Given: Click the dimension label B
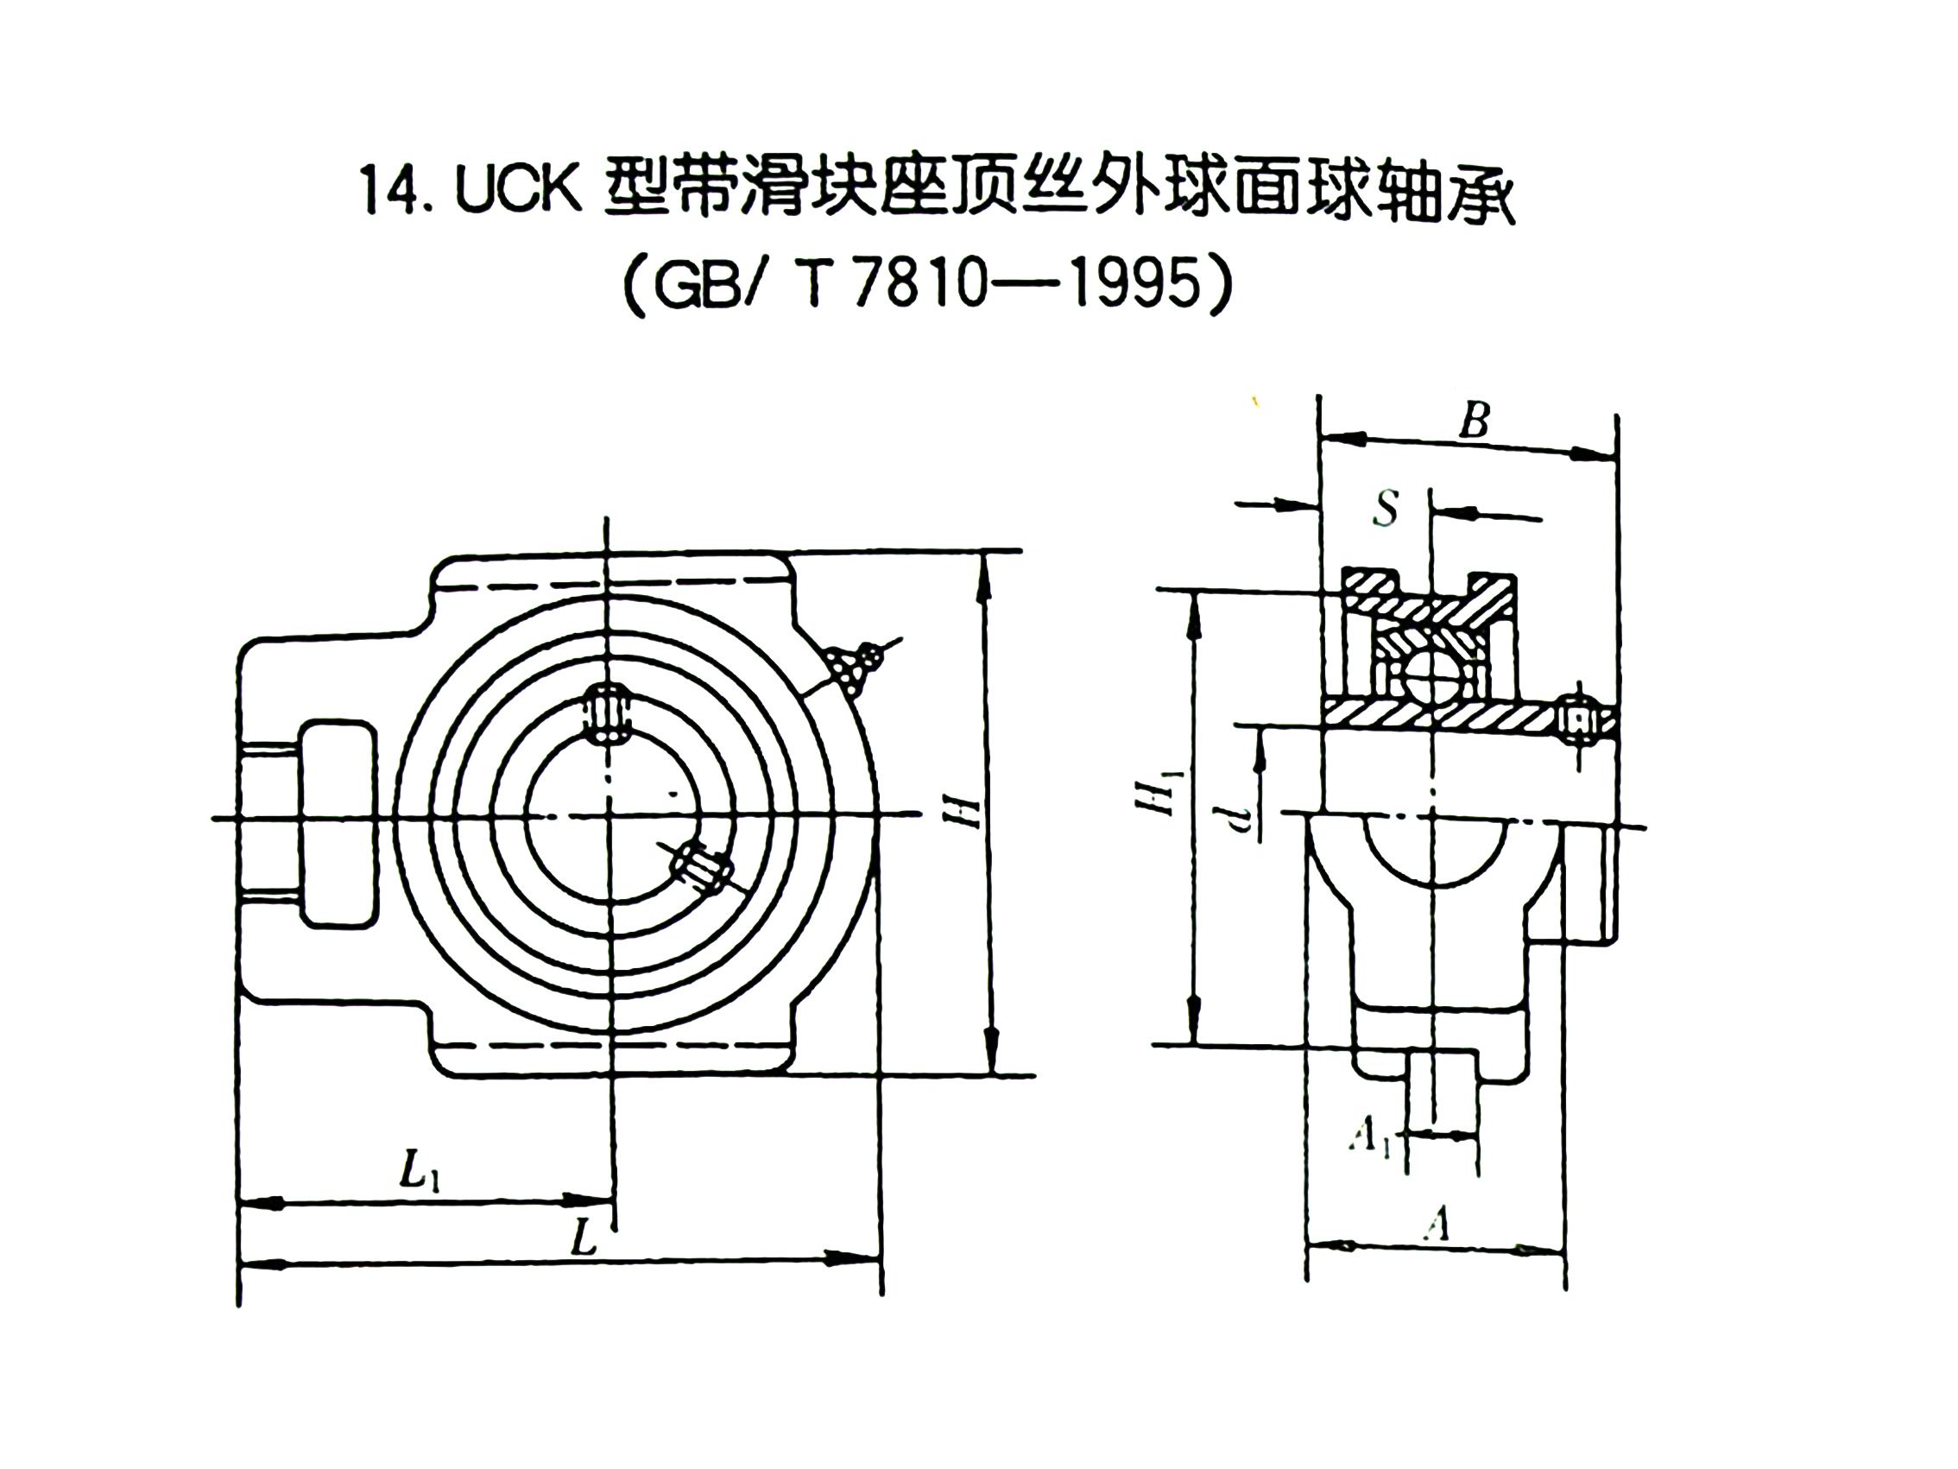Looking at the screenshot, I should tap(1475, 421).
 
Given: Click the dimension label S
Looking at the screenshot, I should tap(1386, 510).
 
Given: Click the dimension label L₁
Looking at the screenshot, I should tap(420, 1174).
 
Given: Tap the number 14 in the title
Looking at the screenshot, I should tap(388, 190).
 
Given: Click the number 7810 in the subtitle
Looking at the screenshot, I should tap(920, 285).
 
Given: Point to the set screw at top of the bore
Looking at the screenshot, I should tap(607, 712).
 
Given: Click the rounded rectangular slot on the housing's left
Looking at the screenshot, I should tap(338, 824).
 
